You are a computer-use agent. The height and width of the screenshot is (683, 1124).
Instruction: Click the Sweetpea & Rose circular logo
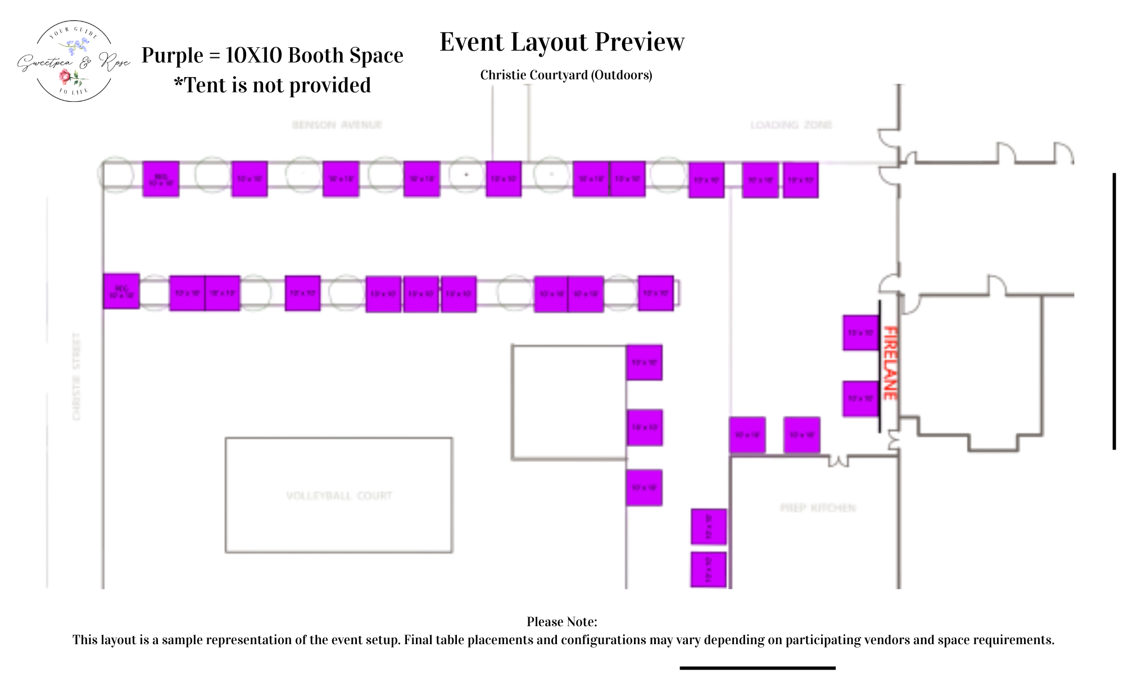click(74, 61)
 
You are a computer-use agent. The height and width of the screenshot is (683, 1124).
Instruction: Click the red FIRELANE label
click(890, 363)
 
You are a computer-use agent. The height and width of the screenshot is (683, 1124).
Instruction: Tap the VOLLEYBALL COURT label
click(339, 496)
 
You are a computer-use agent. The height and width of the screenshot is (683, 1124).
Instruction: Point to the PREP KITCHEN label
click(818, 508)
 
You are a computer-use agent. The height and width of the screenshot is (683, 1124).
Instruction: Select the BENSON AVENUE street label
click(337, 125)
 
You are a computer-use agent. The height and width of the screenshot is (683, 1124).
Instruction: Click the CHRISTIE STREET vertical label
click(77, 376)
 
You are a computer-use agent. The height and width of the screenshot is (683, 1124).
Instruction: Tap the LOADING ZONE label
click(791, 125)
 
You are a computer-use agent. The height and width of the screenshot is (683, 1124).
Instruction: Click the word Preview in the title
click(640, 42)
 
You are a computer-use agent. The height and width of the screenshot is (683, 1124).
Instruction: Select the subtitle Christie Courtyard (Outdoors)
click(566, 75)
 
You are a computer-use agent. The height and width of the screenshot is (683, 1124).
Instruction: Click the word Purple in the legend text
click(172, 55)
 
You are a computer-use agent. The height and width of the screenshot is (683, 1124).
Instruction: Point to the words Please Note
click(561, 622)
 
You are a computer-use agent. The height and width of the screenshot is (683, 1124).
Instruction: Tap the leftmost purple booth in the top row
click(161, 179)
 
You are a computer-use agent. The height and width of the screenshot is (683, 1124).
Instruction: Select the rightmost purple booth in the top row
click(800, 180)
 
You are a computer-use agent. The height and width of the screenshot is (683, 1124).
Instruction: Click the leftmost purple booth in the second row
click(121, 291)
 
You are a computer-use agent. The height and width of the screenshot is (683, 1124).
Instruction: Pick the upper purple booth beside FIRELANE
click(860, 332)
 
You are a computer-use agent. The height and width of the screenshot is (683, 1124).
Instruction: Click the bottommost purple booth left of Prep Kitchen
click(708, 569)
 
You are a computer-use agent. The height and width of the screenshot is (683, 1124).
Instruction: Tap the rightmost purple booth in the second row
click(656, 293)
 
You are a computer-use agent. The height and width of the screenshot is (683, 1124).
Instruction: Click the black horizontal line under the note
click(757, 668)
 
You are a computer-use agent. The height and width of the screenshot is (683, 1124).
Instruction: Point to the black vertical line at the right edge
click(1114, 311)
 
